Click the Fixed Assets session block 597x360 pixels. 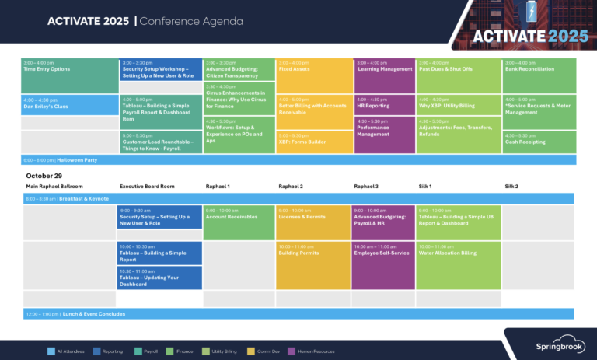click(x=312, y=75)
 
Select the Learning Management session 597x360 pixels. click(x=384, y=75)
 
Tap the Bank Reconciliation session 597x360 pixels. click(x=539, y=75)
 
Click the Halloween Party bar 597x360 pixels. click(x=298, y=160)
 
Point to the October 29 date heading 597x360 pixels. click(x=44, y=176)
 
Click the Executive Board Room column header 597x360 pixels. click(x=147, y=187)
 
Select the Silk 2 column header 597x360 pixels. click(x=511, y=187)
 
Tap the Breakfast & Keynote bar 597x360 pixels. click(x=298, y=199)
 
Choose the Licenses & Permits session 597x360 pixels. click(x=312, y=222)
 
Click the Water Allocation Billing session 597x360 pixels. click(x=459, y=265)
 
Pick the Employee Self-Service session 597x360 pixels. click(x=384, y=265)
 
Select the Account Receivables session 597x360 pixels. click(x=239, y=222)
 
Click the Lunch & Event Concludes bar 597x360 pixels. click(x=298, y=314)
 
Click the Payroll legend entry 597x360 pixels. click(x=149, y=351)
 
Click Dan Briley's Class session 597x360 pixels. click(x=69, y=104)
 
